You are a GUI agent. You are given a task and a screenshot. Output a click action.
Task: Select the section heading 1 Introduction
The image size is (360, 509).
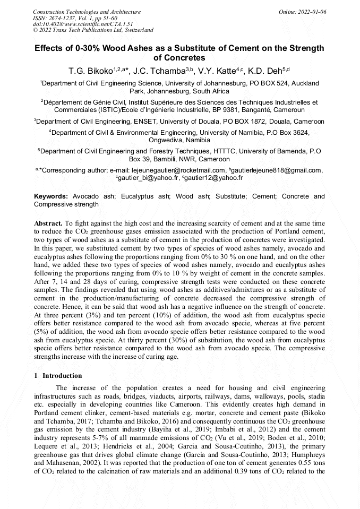[56, 376]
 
